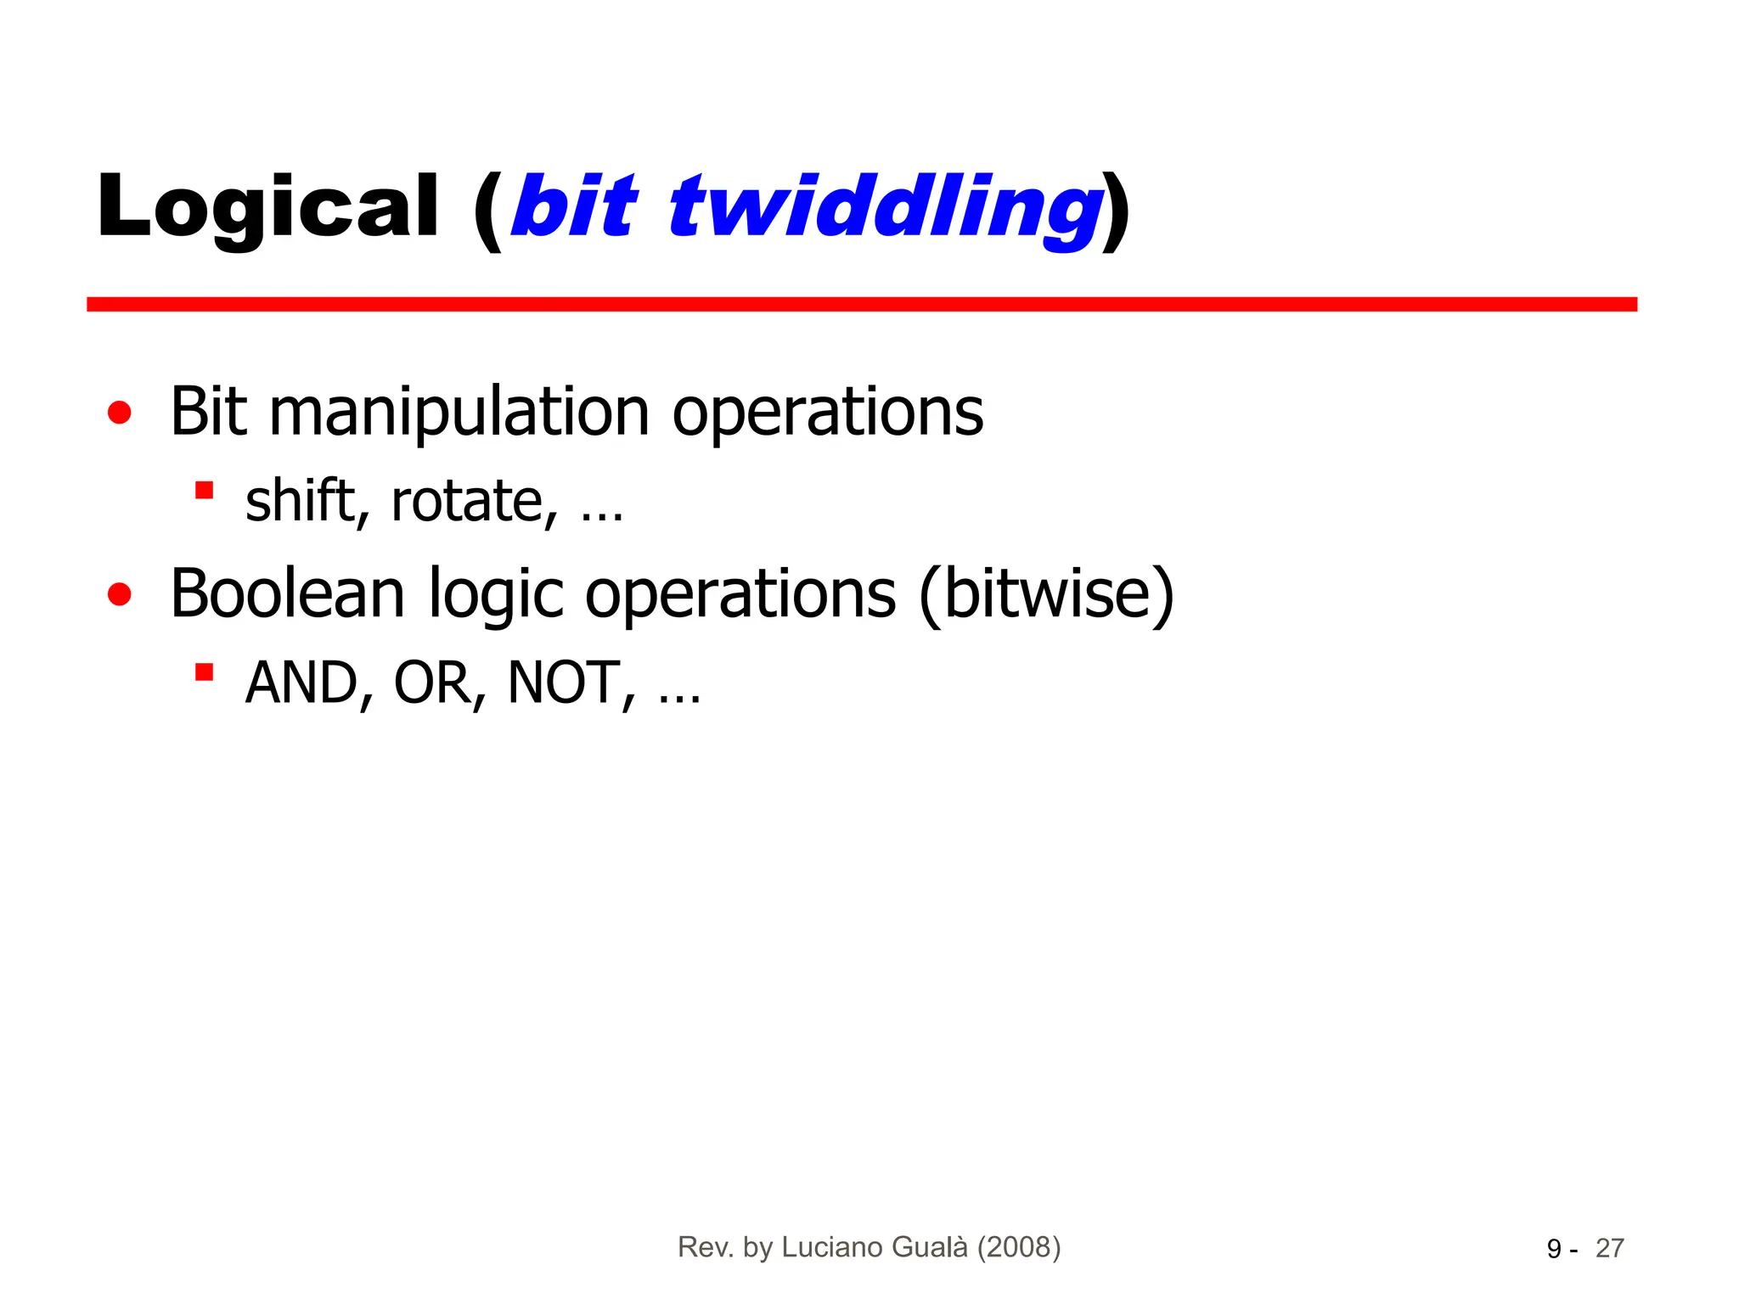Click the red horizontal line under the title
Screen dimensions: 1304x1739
coord(861,304)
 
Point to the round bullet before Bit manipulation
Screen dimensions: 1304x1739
coord(120,413)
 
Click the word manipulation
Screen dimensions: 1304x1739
coord(459,413)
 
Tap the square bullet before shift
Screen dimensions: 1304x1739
coord(204,491)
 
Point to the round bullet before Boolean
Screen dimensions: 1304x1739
coord(120,594)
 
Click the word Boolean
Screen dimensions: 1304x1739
coord(287,594)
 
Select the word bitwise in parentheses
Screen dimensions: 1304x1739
coord(1046,594)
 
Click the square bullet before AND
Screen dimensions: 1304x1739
coord(204,672)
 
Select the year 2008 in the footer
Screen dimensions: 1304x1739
coord(1019,1247)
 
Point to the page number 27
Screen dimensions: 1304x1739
coord(1609,1249)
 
